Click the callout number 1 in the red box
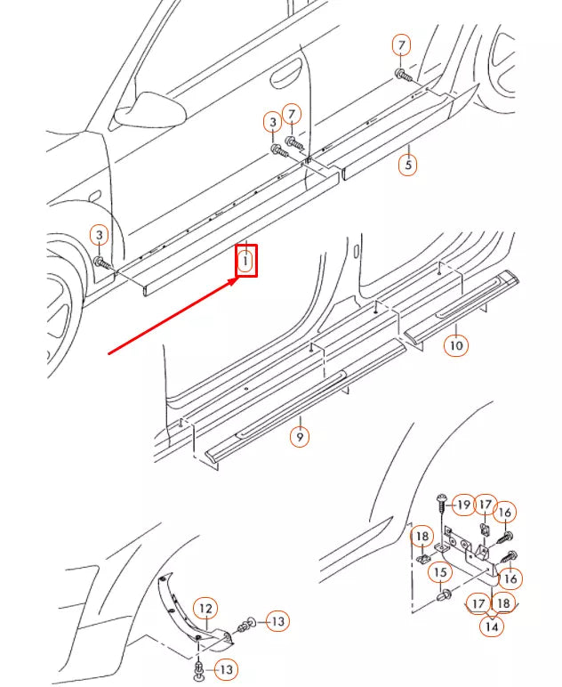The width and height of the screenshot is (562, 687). point(246,261)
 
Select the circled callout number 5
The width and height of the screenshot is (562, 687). point(407,165)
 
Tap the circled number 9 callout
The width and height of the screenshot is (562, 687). point(301,437)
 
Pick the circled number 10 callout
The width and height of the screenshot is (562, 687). point(455,344)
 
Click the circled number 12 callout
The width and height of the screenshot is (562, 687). point(205,609)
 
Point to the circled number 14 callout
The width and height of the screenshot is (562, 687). point(491,626)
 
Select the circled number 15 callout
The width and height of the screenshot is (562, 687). point(440,572)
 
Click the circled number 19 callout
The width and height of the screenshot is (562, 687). point(463,505)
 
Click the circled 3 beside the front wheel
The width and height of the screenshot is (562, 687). point(100,235)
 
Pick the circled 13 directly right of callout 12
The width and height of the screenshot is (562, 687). point(277,620)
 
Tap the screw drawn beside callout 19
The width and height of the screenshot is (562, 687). point(441,504)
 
